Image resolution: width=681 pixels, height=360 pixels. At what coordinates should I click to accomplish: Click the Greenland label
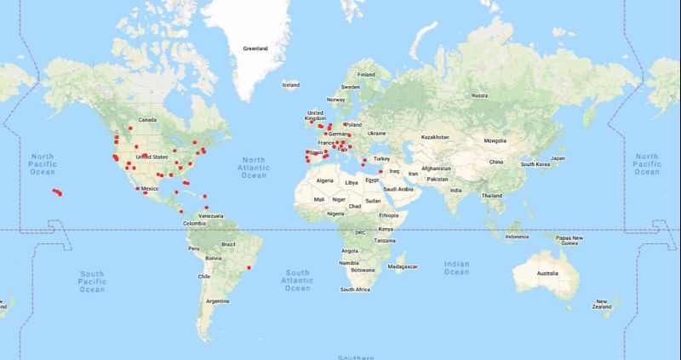click(x=255, y=49)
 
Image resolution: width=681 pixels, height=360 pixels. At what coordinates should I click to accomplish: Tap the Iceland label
click(x=291, y=85)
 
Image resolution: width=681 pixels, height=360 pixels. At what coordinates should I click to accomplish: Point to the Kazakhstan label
click(x=434, y=137)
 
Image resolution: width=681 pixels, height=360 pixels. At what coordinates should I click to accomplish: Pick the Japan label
click(x=558, y=158)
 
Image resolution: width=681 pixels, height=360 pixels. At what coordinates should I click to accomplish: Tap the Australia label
click(x=547, y=273)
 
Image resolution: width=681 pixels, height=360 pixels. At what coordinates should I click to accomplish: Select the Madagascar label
click(x=402, y=267)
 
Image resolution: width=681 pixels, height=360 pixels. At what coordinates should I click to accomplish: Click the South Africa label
click(x=356, y=289)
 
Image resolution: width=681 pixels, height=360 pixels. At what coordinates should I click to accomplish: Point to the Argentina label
click(x=217, y=300)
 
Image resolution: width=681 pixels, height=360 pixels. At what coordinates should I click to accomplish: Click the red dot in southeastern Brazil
click(x=249, y=269)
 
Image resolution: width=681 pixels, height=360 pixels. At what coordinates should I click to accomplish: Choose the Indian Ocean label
click(x=456, y=267)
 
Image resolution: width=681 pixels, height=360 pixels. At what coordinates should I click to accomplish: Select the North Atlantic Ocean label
click(x=254, y=168)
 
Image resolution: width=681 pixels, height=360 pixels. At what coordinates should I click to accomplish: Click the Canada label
click(x=149, y=120)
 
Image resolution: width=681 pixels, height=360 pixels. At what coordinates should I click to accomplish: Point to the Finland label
click(x=367, y=74)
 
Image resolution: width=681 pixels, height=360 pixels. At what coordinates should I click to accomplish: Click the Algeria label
click(x=325, y=181)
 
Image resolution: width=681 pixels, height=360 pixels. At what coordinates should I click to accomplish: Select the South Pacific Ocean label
click(x=91, y=282)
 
